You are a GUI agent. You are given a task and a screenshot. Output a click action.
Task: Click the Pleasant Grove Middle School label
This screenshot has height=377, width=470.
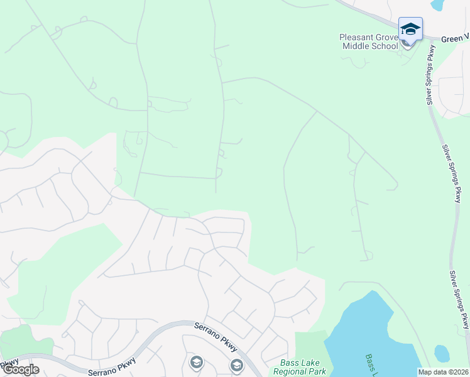(x=369, y=41)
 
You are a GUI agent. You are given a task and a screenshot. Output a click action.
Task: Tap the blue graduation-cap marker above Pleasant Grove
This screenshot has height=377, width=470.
(x=410, y=30)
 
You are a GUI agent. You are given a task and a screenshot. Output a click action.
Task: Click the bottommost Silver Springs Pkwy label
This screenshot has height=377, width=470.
(x=460, y=300)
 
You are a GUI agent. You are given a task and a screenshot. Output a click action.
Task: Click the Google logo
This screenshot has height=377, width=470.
(x=20, y=369)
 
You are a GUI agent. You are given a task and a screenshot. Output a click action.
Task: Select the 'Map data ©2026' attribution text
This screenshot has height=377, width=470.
(x=444, y=372)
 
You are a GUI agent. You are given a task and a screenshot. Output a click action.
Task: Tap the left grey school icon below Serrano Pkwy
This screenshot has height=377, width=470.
(x=197, y=363)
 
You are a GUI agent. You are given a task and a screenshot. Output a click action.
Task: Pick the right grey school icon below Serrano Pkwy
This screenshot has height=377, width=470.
(x=236, y=365)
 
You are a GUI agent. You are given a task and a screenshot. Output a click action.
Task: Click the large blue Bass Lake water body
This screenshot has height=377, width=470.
(x=371, y=333)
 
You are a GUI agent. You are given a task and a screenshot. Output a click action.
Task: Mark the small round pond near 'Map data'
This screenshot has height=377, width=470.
(x=442, y=354)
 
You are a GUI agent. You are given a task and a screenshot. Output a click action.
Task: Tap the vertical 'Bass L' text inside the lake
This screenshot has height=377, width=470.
(x=372, y=365)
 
